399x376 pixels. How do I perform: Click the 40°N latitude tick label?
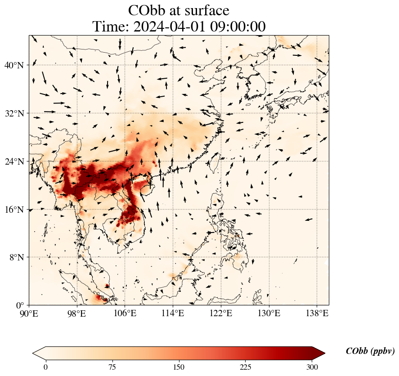tap(14, 65)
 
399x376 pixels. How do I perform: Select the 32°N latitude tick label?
tap(14, 113)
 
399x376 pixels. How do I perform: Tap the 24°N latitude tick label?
tap(14, 161)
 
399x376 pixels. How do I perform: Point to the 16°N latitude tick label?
tap(14, 210)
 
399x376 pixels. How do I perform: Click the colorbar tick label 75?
tap(112, 367)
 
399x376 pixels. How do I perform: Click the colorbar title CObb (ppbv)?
tap(370, 351)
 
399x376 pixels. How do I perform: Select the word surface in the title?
tap(204, 10)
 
